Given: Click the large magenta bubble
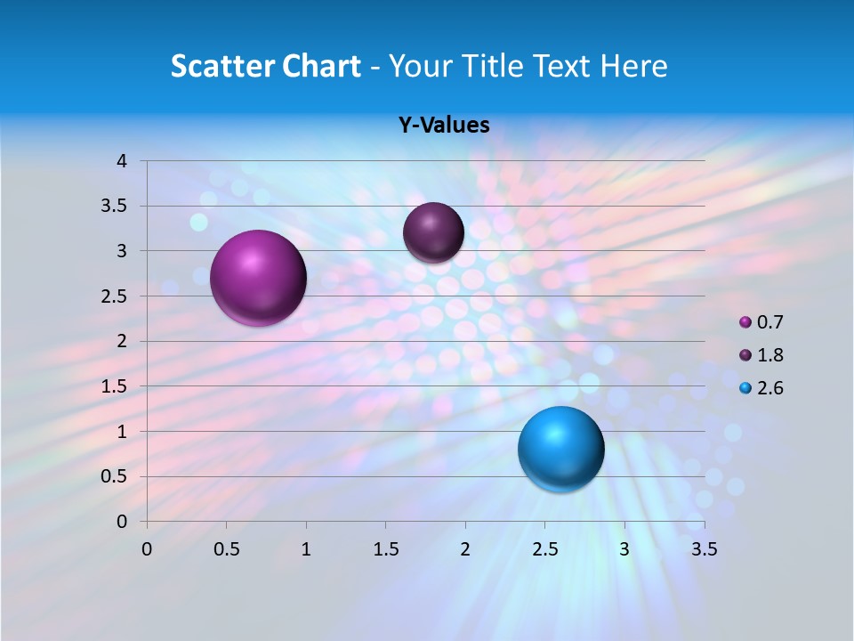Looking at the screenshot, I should (x=259, y=278).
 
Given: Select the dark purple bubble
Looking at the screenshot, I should (x=433, y=232).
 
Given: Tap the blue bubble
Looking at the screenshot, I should (x=560, y=449).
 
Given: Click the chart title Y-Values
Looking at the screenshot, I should (x=444, y=125).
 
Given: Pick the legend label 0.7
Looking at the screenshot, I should (x=770, y=322).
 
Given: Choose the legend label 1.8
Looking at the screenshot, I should (x=770, y=355).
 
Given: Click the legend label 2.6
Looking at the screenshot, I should (x=770, y=388).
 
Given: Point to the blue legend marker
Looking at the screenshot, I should (x=745, y=388).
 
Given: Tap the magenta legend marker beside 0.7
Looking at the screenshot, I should (x=745, y=322).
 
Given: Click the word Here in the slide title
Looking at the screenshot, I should (x=633, y=66).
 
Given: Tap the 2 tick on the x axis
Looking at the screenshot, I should (x=465, y=549).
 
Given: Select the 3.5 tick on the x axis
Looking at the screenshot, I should (x=704, y=549).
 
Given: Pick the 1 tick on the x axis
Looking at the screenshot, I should (x=306, y=549).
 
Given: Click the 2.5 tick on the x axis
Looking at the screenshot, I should (x=544, y=549).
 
